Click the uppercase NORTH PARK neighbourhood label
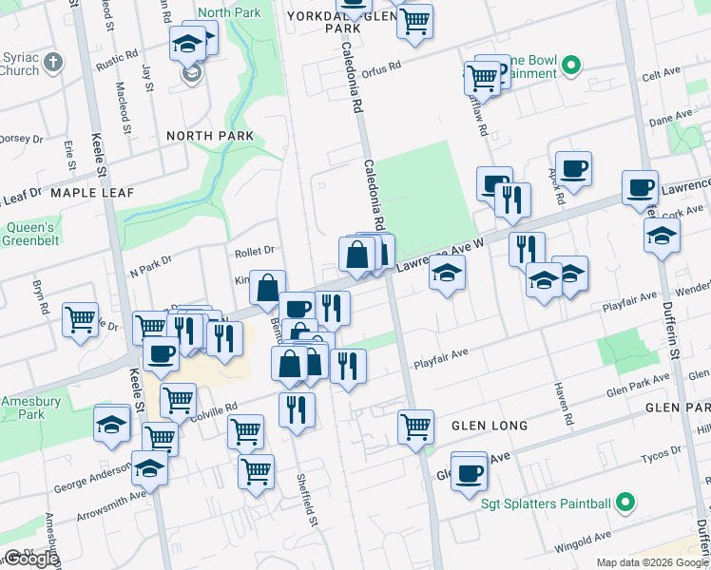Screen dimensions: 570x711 [x=209, y=136]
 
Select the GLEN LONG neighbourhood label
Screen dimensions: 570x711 [x=489, y=426]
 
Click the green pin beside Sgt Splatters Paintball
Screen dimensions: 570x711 [x=625, y=502]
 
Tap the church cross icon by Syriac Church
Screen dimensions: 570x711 [x=53, y=63]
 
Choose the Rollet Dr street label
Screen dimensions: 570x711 [x=254, y=251]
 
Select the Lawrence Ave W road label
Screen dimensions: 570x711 [x=440, y=255]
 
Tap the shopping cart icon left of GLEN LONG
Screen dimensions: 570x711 [x=415, y=426]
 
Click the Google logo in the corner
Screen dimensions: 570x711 [x=30, y=559]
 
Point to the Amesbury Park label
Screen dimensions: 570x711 [x=24, y=408]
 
